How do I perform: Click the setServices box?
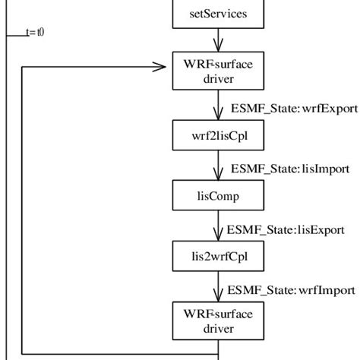pos(219,14)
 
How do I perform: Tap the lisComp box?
pos(219,196)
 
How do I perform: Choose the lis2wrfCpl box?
pos(219,257)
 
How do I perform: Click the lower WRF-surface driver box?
pos(219,321)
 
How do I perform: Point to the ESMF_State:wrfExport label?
pos(293,108)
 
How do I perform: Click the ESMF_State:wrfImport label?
pos(292,289)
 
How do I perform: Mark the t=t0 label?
pos(34,32)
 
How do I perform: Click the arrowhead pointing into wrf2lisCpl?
pos(219,113)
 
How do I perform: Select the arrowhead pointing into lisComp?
pos(219,175)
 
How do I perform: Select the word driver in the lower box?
pos(219,329)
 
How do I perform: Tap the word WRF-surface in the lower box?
pos(219,313)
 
